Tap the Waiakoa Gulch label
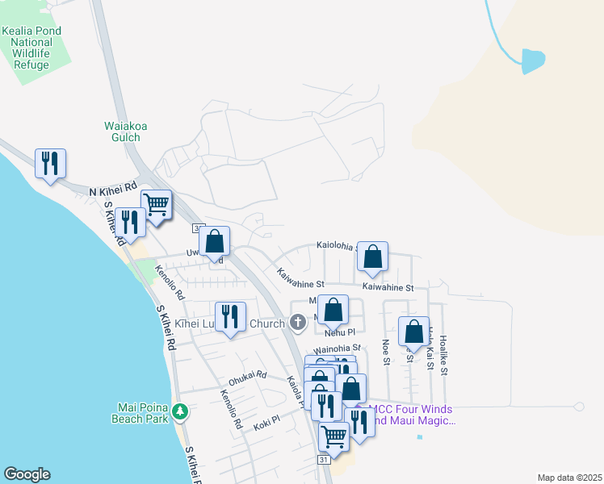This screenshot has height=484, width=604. [x=122, y=131]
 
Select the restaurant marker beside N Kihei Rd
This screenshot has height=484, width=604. [x=50, y=164]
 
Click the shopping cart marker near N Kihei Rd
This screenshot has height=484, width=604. [x=156, y=204]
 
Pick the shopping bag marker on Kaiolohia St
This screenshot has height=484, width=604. [x=372, y=257]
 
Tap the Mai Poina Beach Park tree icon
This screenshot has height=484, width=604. [x=182, y=412]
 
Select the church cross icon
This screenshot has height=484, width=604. [x=297, y=323]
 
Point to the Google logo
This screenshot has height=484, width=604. [x=27, y=474]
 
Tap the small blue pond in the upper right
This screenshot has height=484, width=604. [x=532, y=61]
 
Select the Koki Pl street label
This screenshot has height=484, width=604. [x=266, y=420]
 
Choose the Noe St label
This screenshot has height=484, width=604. [x=385, y=353]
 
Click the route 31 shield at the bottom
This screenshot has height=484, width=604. [x=323, y=459]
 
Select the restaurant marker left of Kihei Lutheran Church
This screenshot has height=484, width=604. [x=231, y=317]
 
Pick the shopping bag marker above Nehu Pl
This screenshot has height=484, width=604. [x=333, y=310]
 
